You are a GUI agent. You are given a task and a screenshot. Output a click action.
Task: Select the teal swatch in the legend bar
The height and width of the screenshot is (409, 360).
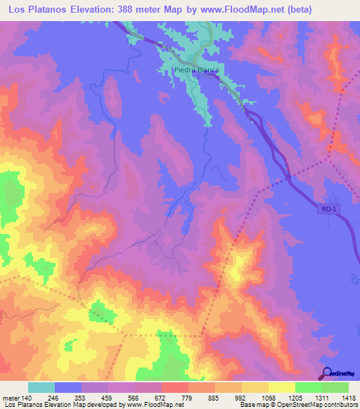click(x=41, y=387)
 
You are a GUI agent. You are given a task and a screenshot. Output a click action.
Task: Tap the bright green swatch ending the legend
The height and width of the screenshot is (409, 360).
click(x=335, y=387)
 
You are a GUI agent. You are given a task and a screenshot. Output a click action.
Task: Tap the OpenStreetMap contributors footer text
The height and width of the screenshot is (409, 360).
click(x=320, y=405)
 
